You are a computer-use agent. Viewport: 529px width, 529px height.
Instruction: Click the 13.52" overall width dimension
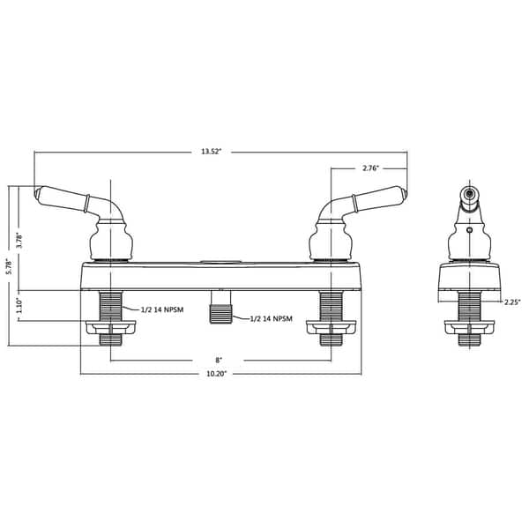(210, 153)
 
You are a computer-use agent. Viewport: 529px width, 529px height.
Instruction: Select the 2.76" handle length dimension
(371, 168)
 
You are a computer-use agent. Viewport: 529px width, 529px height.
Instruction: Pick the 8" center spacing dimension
(218, 360)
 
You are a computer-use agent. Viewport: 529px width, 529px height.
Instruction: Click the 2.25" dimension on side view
(511, 302)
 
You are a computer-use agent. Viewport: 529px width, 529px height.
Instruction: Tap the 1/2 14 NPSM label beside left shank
(165, 309)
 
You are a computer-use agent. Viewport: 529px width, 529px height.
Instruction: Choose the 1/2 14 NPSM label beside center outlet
(272, 317)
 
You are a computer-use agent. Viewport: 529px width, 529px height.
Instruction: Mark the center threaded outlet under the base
(219, 314)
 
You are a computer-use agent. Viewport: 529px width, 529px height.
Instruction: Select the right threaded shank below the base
(330, 305)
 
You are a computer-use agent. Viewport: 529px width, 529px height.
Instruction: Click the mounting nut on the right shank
(330, 328)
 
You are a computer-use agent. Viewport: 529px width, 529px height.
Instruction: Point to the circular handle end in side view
(470, 192)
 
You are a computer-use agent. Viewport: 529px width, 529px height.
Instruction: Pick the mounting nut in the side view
(470, 328)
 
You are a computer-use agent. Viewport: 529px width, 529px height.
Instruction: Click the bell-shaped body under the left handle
(111, 241)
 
